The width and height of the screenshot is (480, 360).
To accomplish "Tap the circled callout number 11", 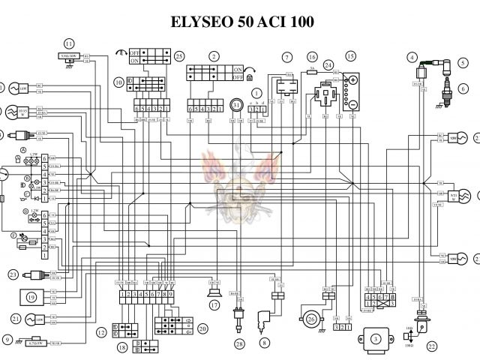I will [x=69, y=43].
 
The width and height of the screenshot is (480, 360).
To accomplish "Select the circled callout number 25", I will [x=178, y=56].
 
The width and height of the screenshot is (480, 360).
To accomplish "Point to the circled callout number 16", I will [x=312, y=56].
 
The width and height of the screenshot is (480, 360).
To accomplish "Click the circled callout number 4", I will [x=412, y=56].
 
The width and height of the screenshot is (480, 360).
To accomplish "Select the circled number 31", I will [x=236, y=106].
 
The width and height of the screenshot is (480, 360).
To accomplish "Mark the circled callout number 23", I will [x=13, y=275].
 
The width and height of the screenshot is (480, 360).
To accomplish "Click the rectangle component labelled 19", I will [x=31, y=298].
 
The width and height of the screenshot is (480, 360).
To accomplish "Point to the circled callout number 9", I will [x=8, y=340].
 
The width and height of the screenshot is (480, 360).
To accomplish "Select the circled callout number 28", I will [x=239, y=344].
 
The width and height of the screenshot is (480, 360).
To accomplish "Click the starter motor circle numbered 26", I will [x=311, y=318].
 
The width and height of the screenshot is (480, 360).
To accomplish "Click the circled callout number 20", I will [x=202, y=328].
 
